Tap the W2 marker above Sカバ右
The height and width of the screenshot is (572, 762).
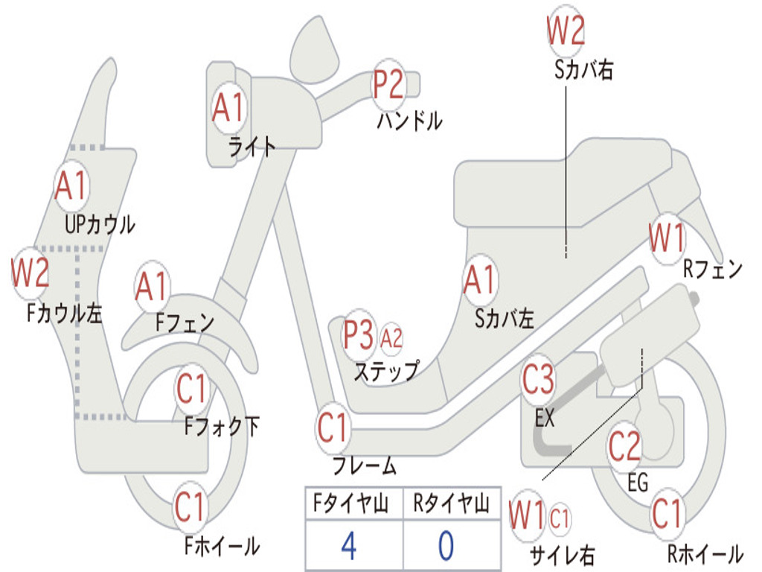[x=566, y=30]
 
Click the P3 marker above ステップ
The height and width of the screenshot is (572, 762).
[x=359, y=334]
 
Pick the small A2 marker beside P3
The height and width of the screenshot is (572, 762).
[x=391, y=338]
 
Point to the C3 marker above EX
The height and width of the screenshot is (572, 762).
[x=538, y=379]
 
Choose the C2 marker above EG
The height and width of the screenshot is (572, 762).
[x=624, y=447]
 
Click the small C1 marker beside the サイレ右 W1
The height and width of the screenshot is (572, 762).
[x=560, y=518]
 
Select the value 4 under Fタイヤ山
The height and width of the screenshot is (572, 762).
[x=348, y=545]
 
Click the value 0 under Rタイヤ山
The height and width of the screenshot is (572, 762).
[x=446, y=545]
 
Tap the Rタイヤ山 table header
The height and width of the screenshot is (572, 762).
[x=451, y=503]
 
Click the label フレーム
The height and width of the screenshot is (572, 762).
[x=365, y=465]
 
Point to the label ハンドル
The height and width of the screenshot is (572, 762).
[x=410, y=121]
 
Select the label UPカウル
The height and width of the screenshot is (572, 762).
[x=100, y=225]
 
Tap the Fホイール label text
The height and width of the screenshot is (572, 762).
[x=222, y=546]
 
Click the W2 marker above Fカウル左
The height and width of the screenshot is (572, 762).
[x=30, y=273]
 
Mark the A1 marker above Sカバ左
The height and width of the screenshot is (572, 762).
[x=480, y=280]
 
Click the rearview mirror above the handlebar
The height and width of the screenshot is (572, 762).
[x=314, y=50]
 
